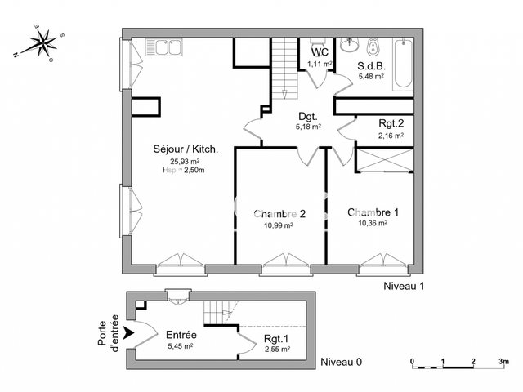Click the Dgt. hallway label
click(x=307, y=116)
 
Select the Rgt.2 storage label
click(x=391, y=124)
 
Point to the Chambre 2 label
click(x=279, y=214)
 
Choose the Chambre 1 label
click(x=373, y=212)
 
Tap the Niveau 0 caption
click(x=342, y=361)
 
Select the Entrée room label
click(x=181, y=335)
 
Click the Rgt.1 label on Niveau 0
click(x=277, y=340)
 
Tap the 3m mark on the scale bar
click(x=503, y=360)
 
